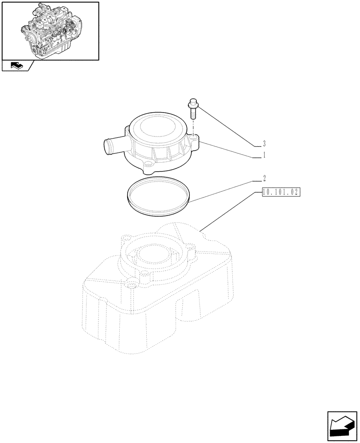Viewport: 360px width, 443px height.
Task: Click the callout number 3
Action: coord(264,144)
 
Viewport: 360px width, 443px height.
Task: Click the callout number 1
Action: coord(264,155)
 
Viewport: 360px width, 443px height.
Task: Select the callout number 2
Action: coord(264,179)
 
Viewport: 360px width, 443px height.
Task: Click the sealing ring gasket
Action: coord(159,197)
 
